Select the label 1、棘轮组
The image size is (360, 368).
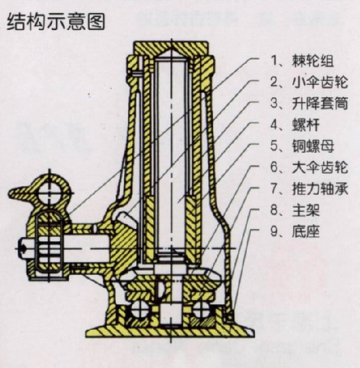[x=301, y=60]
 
